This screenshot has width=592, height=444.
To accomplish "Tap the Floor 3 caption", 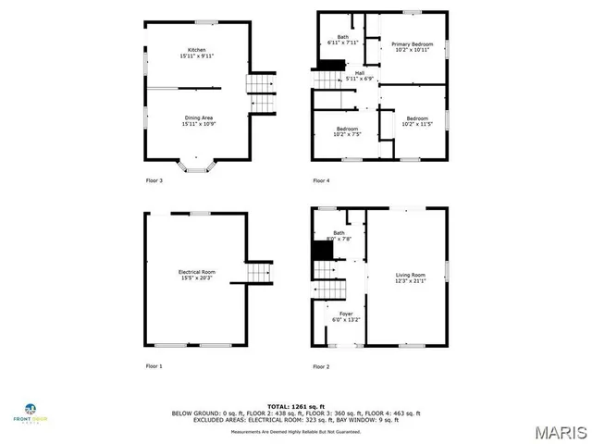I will (x=154, y=180).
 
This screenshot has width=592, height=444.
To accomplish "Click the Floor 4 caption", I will (x=321, y=180).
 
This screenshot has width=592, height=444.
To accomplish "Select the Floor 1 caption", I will (x=154, y=366).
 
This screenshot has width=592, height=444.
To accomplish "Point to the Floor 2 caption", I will (x=321, y=366).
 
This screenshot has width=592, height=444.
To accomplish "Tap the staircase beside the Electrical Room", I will (x=260, y=272).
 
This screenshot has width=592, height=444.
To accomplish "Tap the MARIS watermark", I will (x=561, y=431).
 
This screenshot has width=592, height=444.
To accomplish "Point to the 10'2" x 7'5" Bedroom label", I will (x=346, y=132).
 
